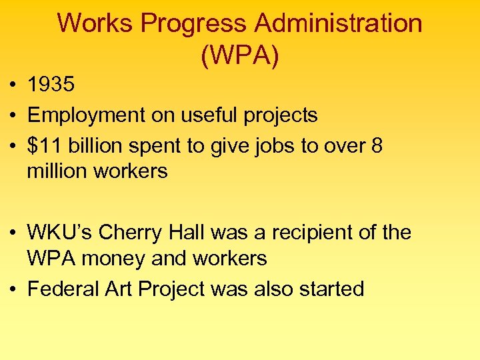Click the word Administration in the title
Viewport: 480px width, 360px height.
tap(339, 23)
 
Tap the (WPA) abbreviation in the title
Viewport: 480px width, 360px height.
tap(239, 55)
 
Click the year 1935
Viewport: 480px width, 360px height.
tap(51, 85)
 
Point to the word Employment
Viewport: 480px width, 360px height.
tap(85, 115)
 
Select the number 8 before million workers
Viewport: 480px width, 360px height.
tap(377, 146)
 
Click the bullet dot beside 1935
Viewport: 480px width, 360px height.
tap(13, 86)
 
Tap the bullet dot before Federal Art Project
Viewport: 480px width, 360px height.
tap(13, 290)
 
